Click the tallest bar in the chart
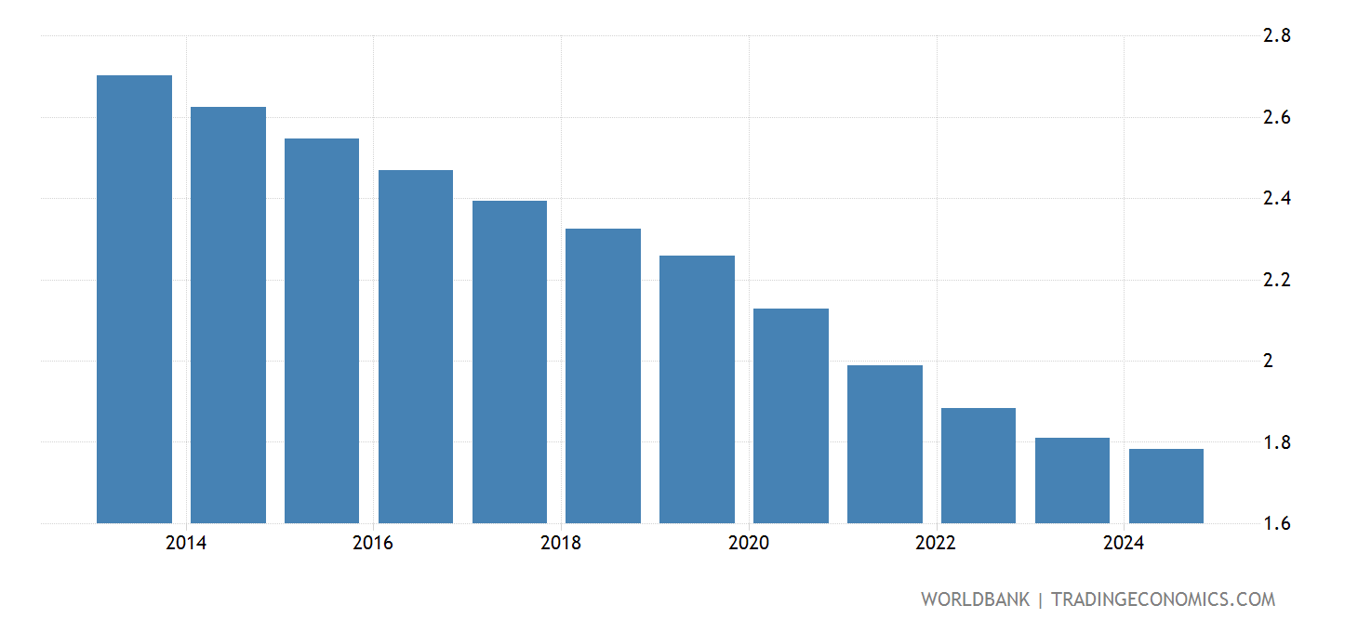click(x=134, y=299)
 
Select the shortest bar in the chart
click(x=1165, y=486)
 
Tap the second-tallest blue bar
click(x=228, y=315)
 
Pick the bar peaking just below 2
click(x=885, y=444)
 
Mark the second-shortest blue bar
click(x=1072, y=481)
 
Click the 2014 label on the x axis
click(x=186, y=544)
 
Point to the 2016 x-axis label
click(x=373, y=544)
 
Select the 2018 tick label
click(x=561, y=544)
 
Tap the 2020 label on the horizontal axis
click(x=749, y=544)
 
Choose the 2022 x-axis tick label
click(x=936, y=544)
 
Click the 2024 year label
click(x=1124, y=544)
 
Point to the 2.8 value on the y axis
click(x=1275, y=36)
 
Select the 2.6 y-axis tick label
click(x=1275, y=117)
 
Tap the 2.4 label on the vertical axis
click(x=1275, y=199)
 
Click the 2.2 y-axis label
click(x=1275, y=280)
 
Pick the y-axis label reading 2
click(x=1267, y=361)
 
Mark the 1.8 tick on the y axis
click(x=1275, y=442)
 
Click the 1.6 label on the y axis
click(x=1275, y=523)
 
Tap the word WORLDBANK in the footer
click(x=975, y=599)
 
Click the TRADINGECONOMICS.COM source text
click(x=1163, y=599)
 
